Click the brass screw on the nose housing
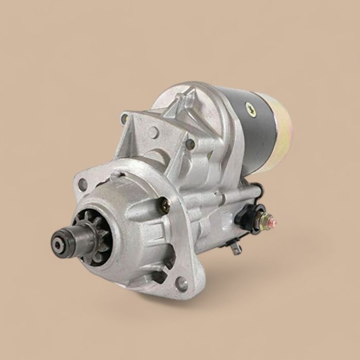[165, 205]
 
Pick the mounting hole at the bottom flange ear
[182, 282]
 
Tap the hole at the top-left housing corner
[124, 120]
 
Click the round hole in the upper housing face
[153, 132]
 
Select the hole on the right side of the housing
[190, 145]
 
